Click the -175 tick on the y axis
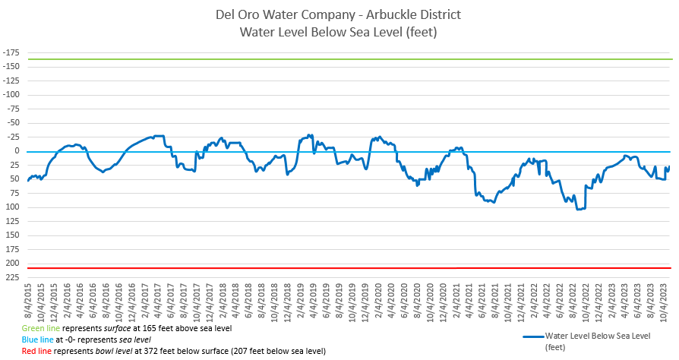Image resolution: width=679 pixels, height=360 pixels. tap(11, 52)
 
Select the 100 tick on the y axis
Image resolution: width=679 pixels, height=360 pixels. tap(13, 207)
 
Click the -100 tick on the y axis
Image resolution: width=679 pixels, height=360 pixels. tap(11, 95)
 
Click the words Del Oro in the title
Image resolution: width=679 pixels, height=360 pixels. tap(238, 14)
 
